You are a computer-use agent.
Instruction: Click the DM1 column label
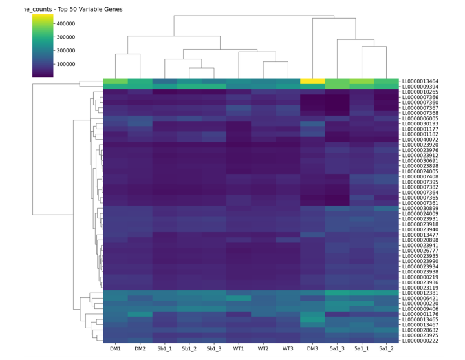click(x=116, y=350)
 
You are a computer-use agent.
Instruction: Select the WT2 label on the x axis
click(x=263, y=350)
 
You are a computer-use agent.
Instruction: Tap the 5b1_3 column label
click(x=214, y=350)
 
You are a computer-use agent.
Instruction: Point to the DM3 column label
click(x=312, y=350)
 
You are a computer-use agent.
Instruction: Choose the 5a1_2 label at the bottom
click(x=386, y=350)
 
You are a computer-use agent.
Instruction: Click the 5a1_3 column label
click(x=337, y=350)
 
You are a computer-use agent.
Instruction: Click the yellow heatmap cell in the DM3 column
click(x=312, y=81)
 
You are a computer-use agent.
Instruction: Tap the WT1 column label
click(x=239, y=350)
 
